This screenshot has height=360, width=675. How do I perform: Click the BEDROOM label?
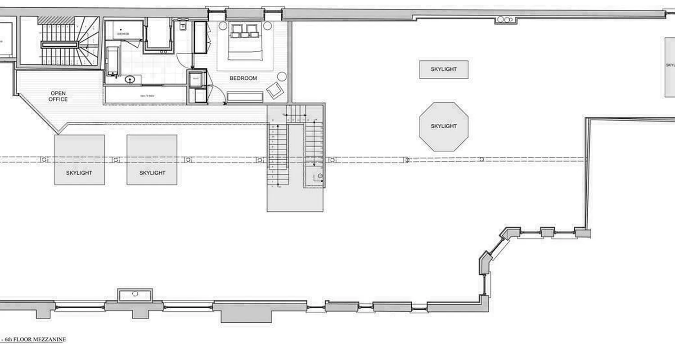tap(243, 78)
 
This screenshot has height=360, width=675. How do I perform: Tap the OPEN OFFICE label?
tap(58, 96)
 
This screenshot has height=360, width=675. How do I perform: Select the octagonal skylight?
tap(444, 126)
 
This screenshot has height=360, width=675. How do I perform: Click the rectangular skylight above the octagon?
tap(444, 69)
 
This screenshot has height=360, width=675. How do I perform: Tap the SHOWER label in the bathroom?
tap(123, 34)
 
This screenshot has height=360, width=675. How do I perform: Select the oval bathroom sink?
tap(130, 80)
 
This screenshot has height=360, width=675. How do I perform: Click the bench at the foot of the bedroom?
tap(244, 96)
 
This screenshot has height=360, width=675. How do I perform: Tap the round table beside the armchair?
tap(282, 76)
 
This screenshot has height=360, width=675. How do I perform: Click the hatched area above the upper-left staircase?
tap(56, 20)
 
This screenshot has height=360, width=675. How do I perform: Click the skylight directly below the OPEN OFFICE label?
tap(80, 159)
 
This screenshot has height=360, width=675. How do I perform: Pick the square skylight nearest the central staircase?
tap(152, 159)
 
